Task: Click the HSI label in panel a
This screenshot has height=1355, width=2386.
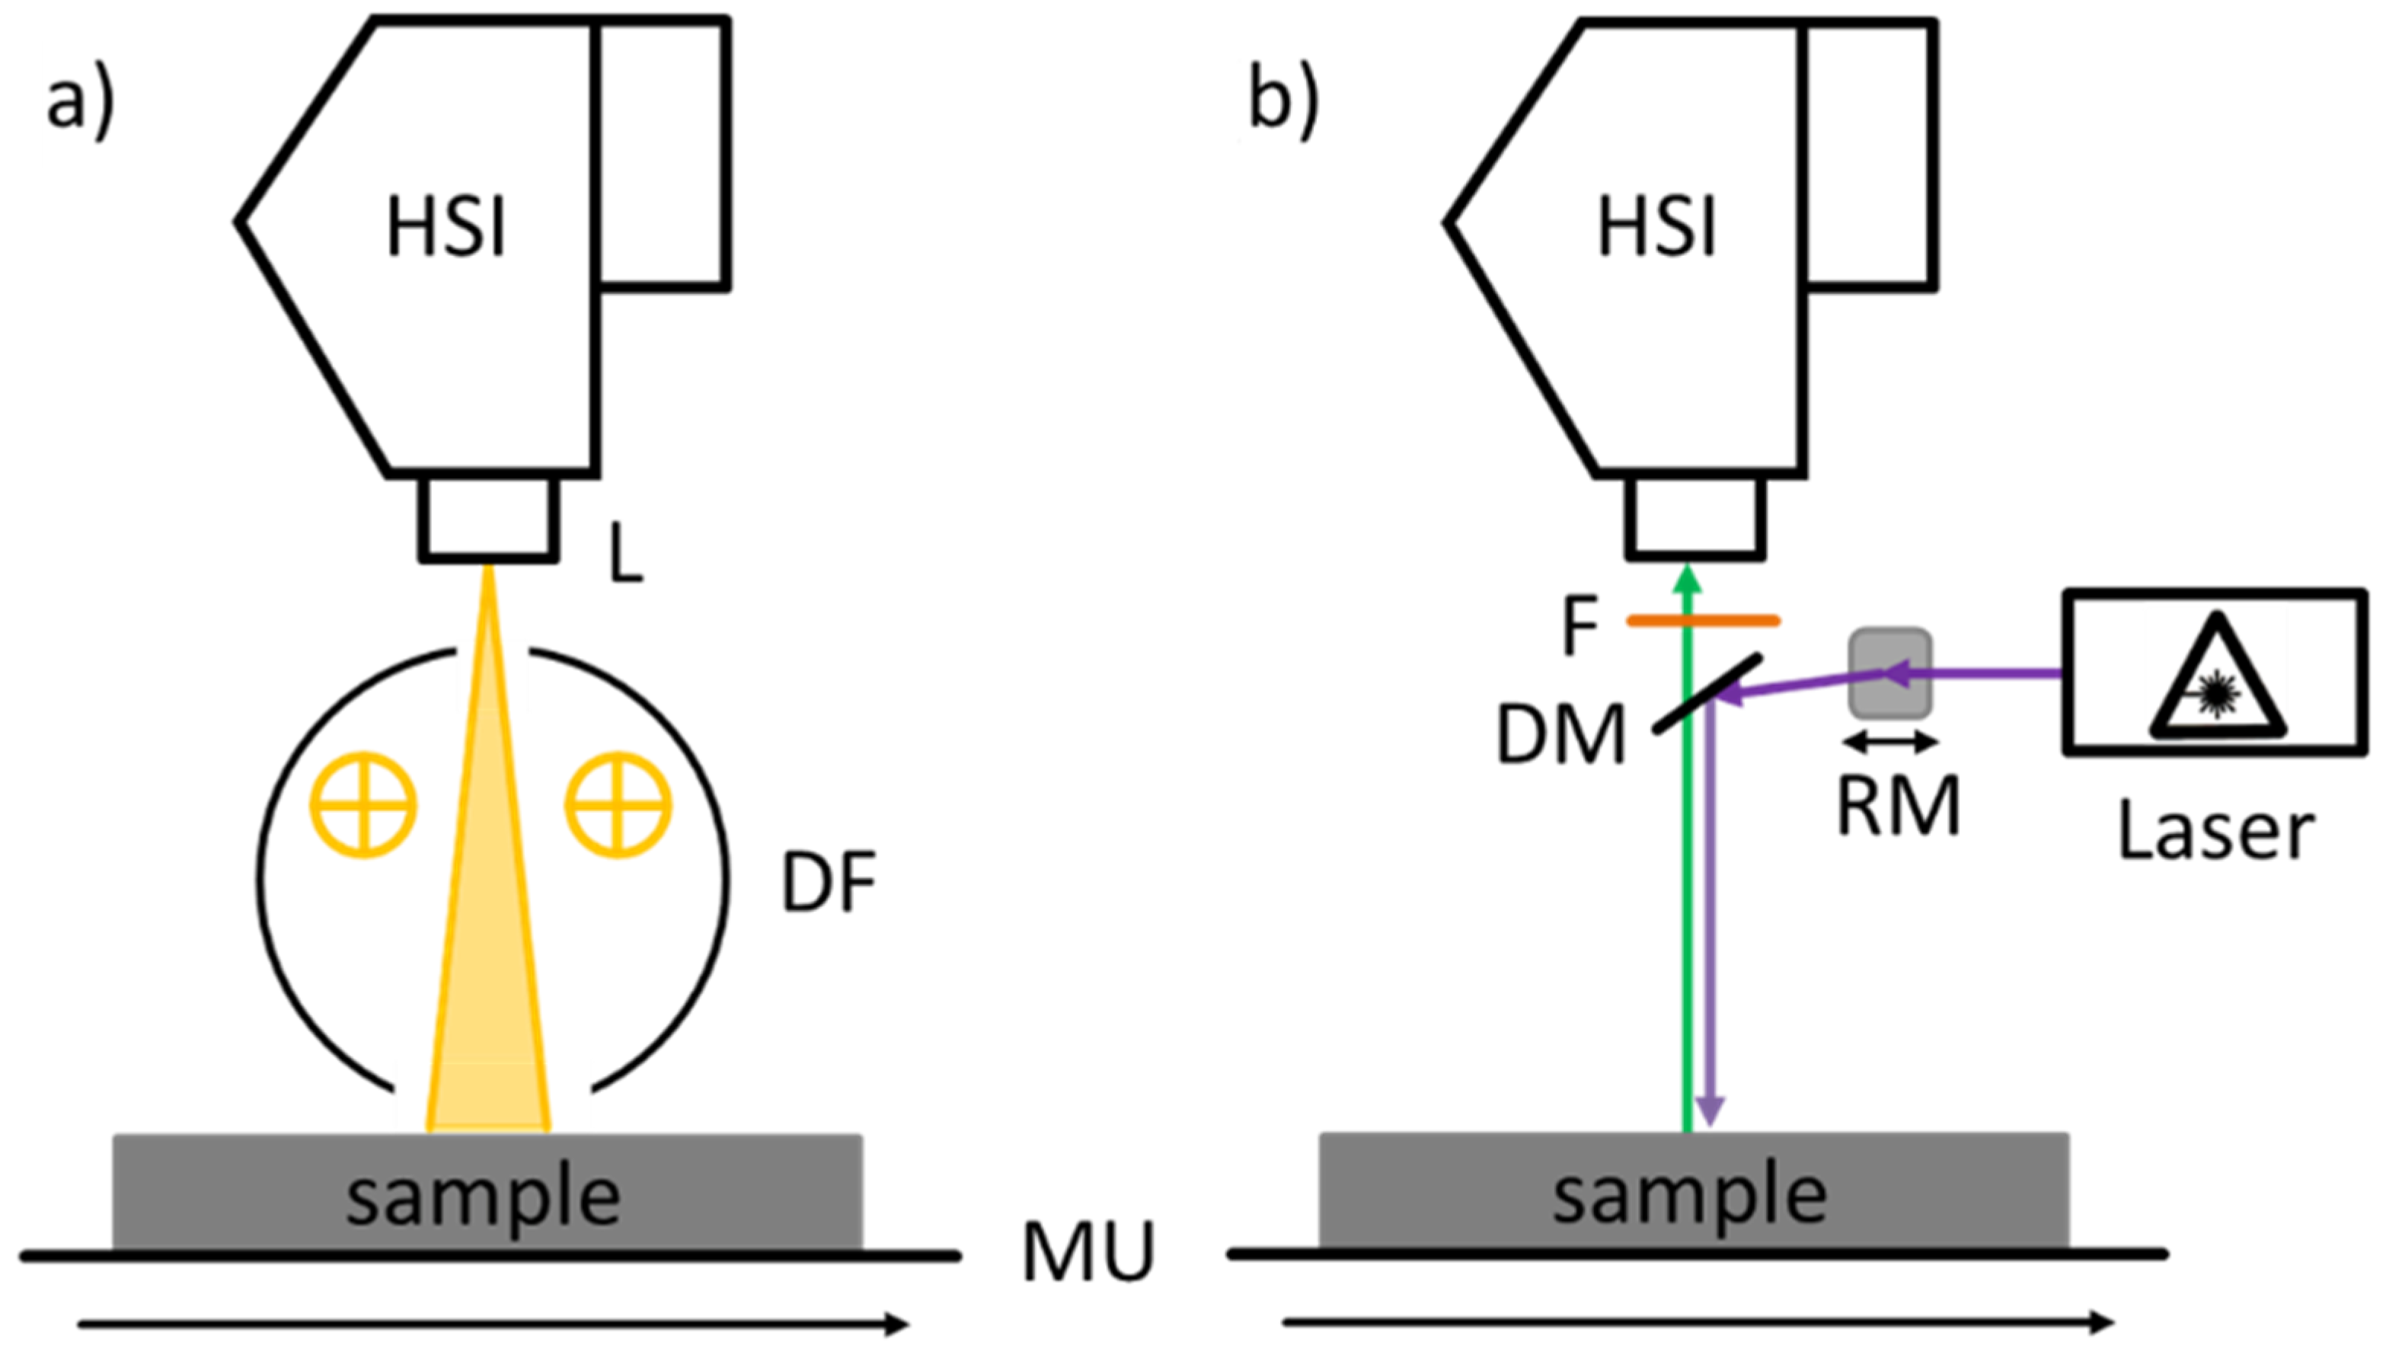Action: (x=446, y=228)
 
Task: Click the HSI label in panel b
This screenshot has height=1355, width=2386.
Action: (x=1656, y=228)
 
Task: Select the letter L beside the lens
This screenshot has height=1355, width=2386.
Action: (x=625, y=553)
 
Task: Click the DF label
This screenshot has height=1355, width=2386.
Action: (x=828, y=884)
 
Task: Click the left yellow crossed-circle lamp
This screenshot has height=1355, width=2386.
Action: (x=363, y=804)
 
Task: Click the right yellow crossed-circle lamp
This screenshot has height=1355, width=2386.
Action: (x=618, y=804)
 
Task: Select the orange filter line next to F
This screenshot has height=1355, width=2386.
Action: (x=1702, y=621)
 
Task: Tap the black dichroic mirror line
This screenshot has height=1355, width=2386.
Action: (x=1707, y=693)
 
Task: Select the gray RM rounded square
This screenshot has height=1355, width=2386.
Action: (x=1890, y=675)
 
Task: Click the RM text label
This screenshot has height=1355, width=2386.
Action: (x=1898, y=806)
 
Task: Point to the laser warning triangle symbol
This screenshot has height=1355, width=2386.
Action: (x=2217, y=679)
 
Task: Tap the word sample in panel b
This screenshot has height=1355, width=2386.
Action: (x=1689, y=1197)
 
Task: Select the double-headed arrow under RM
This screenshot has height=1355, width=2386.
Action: (x=1890, y=743)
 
